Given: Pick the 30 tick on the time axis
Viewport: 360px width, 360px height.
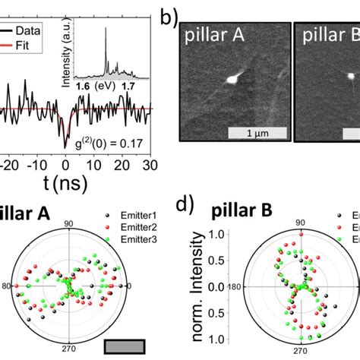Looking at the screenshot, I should coord(150,164).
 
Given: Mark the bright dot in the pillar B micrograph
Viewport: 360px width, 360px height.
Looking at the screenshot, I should coord(350,75).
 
